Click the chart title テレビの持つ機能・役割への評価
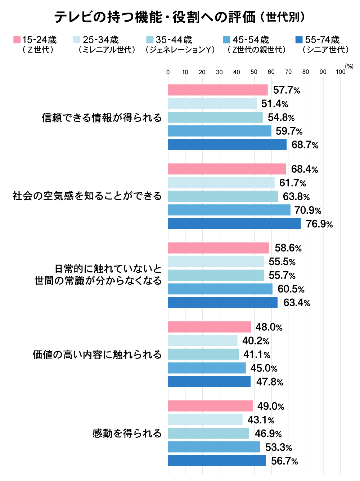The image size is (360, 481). point(155,17)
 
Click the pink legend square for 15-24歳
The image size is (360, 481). point(17,40)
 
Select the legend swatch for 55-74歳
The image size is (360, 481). point(298,40)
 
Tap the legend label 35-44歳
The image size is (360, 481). point(174,40)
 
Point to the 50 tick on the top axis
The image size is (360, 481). point(254,72)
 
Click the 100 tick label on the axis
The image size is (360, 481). point(340,72)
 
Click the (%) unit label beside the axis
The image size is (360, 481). point(349,66)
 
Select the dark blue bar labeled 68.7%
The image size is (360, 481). point(227,145)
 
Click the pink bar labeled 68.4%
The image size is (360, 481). point(227,169)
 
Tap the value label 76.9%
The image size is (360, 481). point(319,224)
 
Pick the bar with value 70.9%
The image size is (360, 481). point(229,210)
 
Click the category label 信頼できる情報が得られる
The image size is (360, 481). point(102,118)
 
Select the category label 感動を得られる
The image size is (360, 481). point(127,433)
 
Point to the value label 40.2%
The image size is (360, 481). point(256,341)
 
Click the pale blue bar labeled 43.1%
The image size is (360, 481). point(205,420)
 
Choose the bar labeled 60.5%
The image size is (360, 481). point(220,289)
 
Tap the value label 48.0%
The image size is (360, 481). point(269,327)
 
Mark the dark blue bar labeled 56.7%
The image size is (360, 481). point(217,461)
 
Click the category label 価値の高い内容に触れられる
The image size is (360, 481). point(97,355)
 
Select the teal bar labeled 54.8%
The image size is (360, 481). point(215,117)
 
